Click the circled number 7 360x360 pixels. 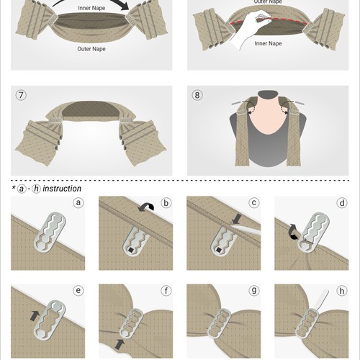pyautogui.click(x=20, y=96)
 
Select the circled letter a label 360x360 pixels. pyautogui.click(x=78, y=203)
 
